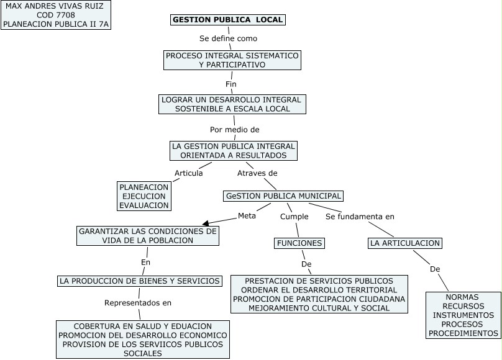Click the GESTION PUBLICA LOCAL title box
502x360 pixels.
[228, 20]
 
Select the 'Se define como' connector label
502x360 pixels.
[228, 38]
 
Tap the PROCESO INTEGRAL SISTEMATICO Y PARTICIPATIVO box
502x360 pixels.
[232, 60]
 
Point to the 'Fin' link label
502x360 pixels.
[231, 84]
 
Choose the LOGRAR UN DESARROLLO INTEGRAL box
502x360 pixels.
[232, 104]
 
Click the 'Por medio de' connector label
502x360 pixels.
[234, 130]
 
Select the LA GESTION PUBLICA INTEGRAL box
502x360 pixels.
[234, 151]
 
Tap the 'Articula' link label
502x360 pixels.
[188, 173]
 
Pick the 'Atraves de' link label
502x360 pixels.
[257, 173]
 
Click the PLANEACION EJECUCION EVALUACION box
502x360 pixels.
[144, 196]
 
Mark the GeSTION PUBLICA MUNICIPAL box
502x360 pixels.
[284, 196]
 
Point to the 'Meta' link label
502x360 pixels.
[247, 216]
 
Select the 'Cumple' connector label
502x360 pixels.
[294, 217]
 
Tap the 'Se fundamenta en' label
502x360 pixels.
[360, 217]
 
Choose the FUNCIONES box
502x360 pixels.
[299, 243]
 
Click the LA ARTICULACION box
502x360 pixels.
[405, 243]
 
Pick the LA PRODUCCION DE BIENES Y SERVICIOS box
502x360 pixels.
[140, 281]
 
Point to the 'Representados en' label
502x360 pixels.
[138, 303]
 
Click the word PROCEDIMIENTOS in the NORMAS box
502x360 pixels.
[463, 333]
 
